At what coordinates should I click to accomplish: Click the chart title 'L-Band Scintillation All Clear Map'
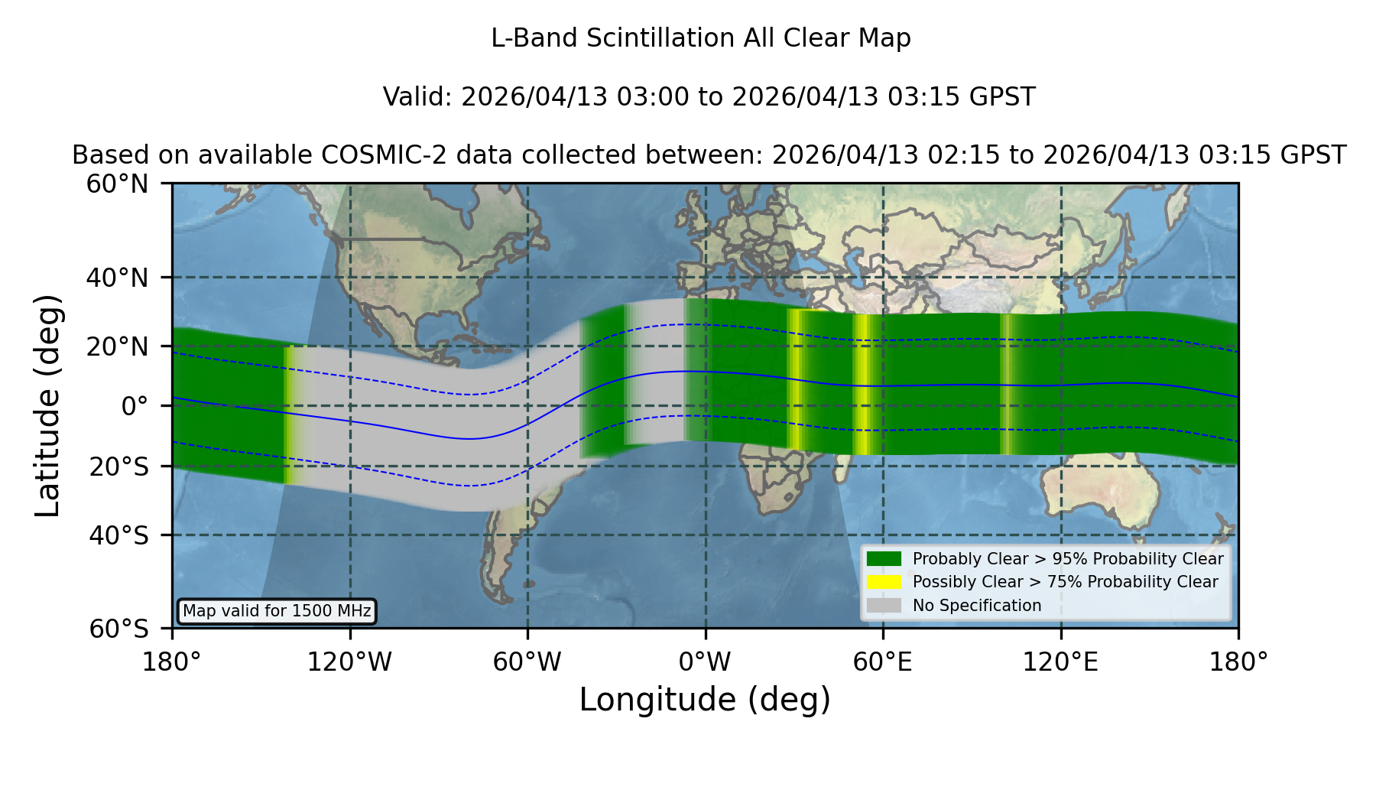tap(700, 38)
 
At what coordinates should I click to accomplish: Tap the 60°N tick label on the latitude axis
tap(117, 184)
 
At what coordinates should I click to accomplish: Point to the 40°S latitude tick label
tap(118, 535)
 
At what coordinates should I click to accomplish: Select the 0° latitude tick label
tap(135, 405)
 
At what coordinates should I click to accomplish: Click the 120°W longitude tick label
tap(349, 662)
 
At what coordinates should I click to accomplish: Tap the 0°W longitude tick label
tap(705, 662)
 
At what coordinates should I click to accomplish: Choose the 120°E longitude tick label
tap(1060, 662)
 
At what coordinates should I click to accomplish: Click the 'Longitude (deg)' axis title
tap(705, 700)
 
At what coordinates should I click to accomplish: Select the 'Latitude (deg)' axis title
tap(48, 405)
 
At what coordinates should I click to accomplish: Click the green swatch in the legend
tap(884, 558)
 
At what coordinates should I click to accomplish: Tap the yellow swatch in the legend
tap(884, 581)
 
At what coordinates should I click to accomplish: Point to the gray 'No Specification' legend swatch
tap(884, 605)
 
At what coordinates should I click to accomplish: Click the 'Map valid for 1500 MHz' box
tap(277, 611)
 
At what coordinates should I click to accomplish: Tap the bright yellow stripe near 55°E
tap(865, 385)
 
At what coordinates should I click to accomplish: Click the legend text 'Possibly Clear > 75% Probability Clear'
tap(1065, 582)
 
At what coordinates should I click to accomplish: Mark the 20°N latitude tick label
tap(117, 346)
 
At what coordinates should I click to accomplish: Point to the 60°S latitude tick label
tap(118, 629)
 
